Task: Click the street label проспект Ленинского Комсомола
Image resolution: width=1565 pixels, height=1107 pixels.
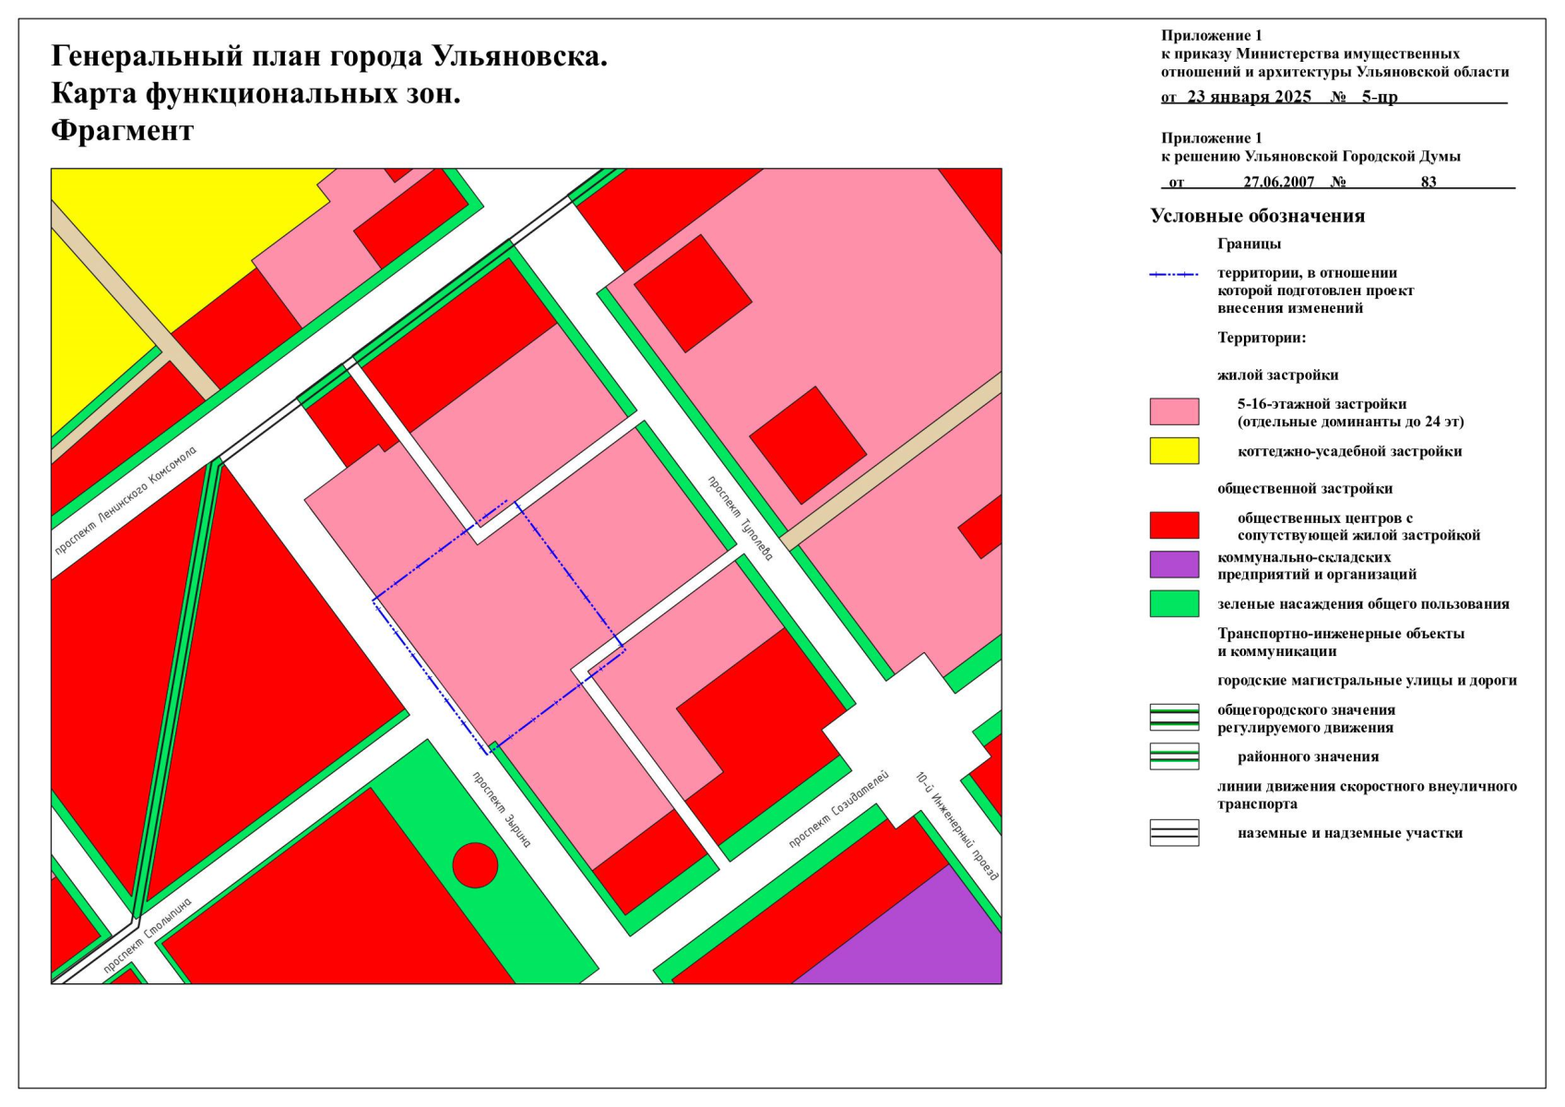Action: coord(125,501)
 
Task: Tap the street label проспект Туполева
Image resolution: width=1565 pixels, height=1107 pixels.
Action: coord(741,518)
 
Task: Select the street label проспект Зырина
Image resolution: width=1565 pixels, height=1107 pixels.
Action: coord(502,809)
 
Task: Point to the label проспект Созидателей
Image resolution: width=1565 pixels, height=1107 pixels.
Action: coord(838,809)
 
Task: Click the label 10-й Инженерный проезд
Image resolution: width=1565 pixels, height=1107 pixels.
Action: coord(957,826)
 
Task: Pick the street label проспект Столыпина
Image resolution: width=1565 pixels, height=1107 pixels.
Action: coord(148,935)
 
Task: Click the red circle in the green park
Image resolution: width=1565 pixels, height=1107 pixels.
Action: coord(475,865)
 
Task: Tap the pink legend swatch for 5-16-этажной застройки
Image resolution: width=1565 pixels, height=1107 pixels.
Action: coord(1174,411)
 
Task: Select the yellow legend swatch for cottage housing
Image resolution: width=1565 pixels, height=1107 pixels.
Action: coord(1174,451)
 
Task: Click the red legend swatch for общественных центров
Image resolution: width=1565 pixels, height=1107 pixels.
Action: coord(1174,525)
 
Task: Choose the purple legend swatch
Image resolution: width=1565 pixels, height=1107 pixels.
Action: coord(1174,565)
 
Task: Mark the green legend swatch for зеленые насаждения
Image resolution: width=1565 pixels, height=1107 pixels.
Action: coord(1174,603)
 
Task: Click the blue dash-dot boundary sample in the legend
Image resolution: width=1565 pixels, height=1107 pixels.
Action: coord(1174,275)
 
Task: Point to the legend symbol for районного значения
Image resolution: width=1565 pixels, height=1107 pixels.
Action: coord(1174,756)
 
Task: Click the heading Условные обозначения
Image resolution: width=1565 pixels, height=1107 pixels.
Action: coord(1257,216)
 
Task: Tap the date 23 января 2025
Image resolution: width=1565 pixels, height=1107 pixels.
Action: coord(1249,97)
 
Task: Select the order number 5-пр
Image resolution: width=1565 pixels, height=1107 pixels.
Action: coord(1380,97)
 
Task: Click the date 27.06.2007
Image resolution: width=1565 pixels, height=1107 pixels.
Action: coord(1278,182)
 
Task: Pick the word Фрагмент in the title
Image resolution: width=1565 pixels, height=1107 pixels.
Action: coord(122,131)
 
